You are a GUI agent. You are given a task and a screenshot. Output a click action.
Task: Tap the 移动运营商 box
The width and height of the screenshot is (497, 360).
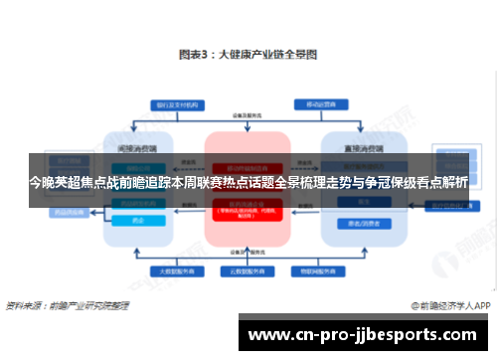pos(318,103)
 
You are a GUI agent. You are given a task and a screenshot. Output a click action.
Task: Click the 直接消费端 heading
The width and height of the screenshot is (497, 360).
pos(358,145)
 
